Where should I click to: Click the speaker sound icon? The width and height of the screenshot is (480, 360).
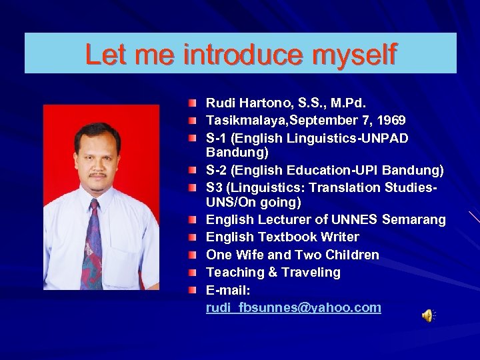pyautogui.click(x=427, y=316)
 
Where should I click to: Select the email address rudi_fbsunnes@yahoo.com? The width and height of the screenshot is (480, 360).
pyautogui.click(x=293, y=308)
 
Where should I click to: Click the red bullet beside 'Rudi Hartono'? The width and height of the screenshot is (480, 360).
pyautogui.click(x=192, y=103)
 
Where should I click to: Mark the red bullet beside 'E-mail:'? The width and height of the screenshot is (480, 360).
pyautogui.click(x=192, y=290)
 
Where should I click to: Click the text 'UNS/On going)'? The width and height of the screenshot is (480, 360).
pyautogui.click(x=253, y=202)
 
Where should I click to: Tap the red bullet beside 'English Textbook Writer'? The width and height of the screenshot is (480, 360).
pyautogui.click(x=192, y=237)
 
